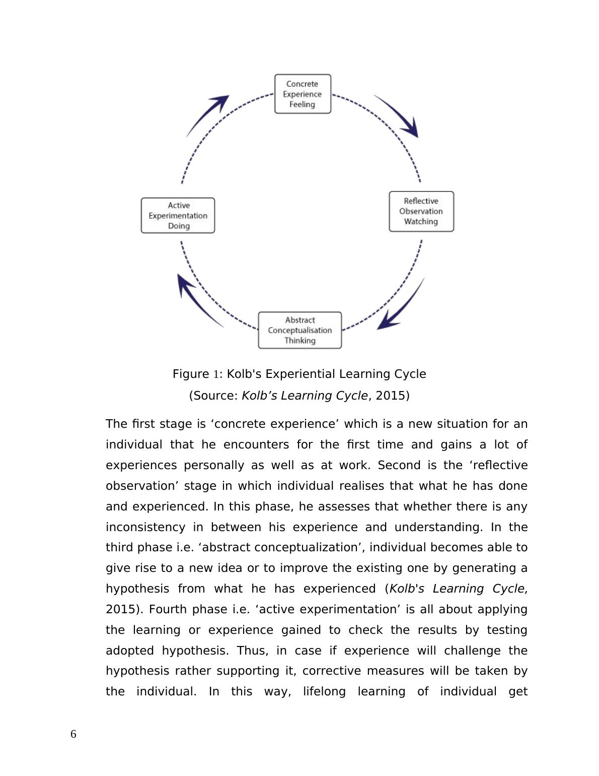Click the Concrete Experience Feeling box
(x=303, y=94)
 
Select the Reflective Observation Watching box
(x=421, y=211)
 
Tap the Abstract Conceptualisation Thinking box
(x=299, y=330)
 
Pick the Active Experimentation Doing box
(x=178, y=215)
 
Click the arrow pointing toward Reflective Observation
(x=399, y=116)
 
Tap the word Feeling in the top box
(x=302, y=104)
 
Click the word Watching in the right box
(x=421, y=221)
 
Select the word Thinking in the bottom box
(x=299, y=341)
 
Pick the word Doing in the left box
(x=179, y=226)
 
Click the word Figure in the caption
(x=191, y=374)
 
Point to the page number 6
(x=73, y=734)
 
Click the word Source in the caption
(x=215, y=396)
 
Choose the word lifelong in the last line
(x=324, y=691)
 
